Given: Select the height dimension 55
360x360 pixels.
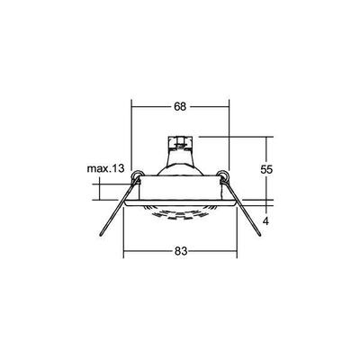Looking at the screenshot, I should [x=280, y=167].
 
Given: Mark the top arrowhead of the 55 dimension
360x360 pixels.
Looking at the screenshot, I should [x=269, y=138].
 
